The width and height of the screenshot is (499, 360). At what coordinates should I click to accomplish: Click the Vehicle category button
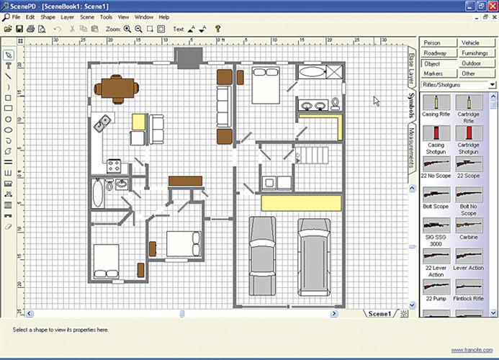[470, 43]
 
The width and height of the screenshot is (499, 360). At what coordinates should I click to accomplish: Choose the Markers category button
[433, 73]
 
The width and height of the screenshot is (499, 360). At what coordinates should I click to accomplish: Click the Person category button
[433, 43]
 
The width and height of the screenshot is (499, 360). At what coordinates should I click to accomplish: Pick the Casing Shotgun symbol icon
[436, 133]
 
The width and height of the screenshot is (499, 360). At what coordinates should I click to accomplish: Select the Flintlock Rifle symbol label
[469, 298]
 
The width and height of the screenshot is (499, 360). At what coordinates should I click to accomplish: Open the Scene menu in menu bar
[87, 17]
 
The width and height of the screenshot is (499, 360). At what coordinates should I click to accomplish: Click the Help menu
[164, 17]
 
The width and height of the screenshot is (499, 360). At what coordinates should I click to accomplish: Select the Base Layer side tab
[411, 68]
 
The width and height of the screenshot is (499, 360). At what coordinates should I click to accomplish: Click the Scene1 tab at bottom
[379, 314]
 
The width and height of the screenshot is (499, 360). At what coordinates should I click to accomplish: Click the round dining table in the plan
[117, 87]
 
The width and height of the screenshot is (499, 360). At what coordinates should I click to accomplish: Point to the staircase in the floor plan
[311, 155]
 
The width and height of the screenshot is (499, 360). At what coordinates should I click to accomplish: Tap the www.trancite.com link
[472, 350]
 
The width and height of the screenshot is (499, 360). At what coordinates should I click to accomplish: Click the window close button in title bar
[491, 5]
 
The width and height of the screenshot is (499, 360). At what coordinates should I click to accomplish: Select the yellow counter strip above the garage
[300, 203]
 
